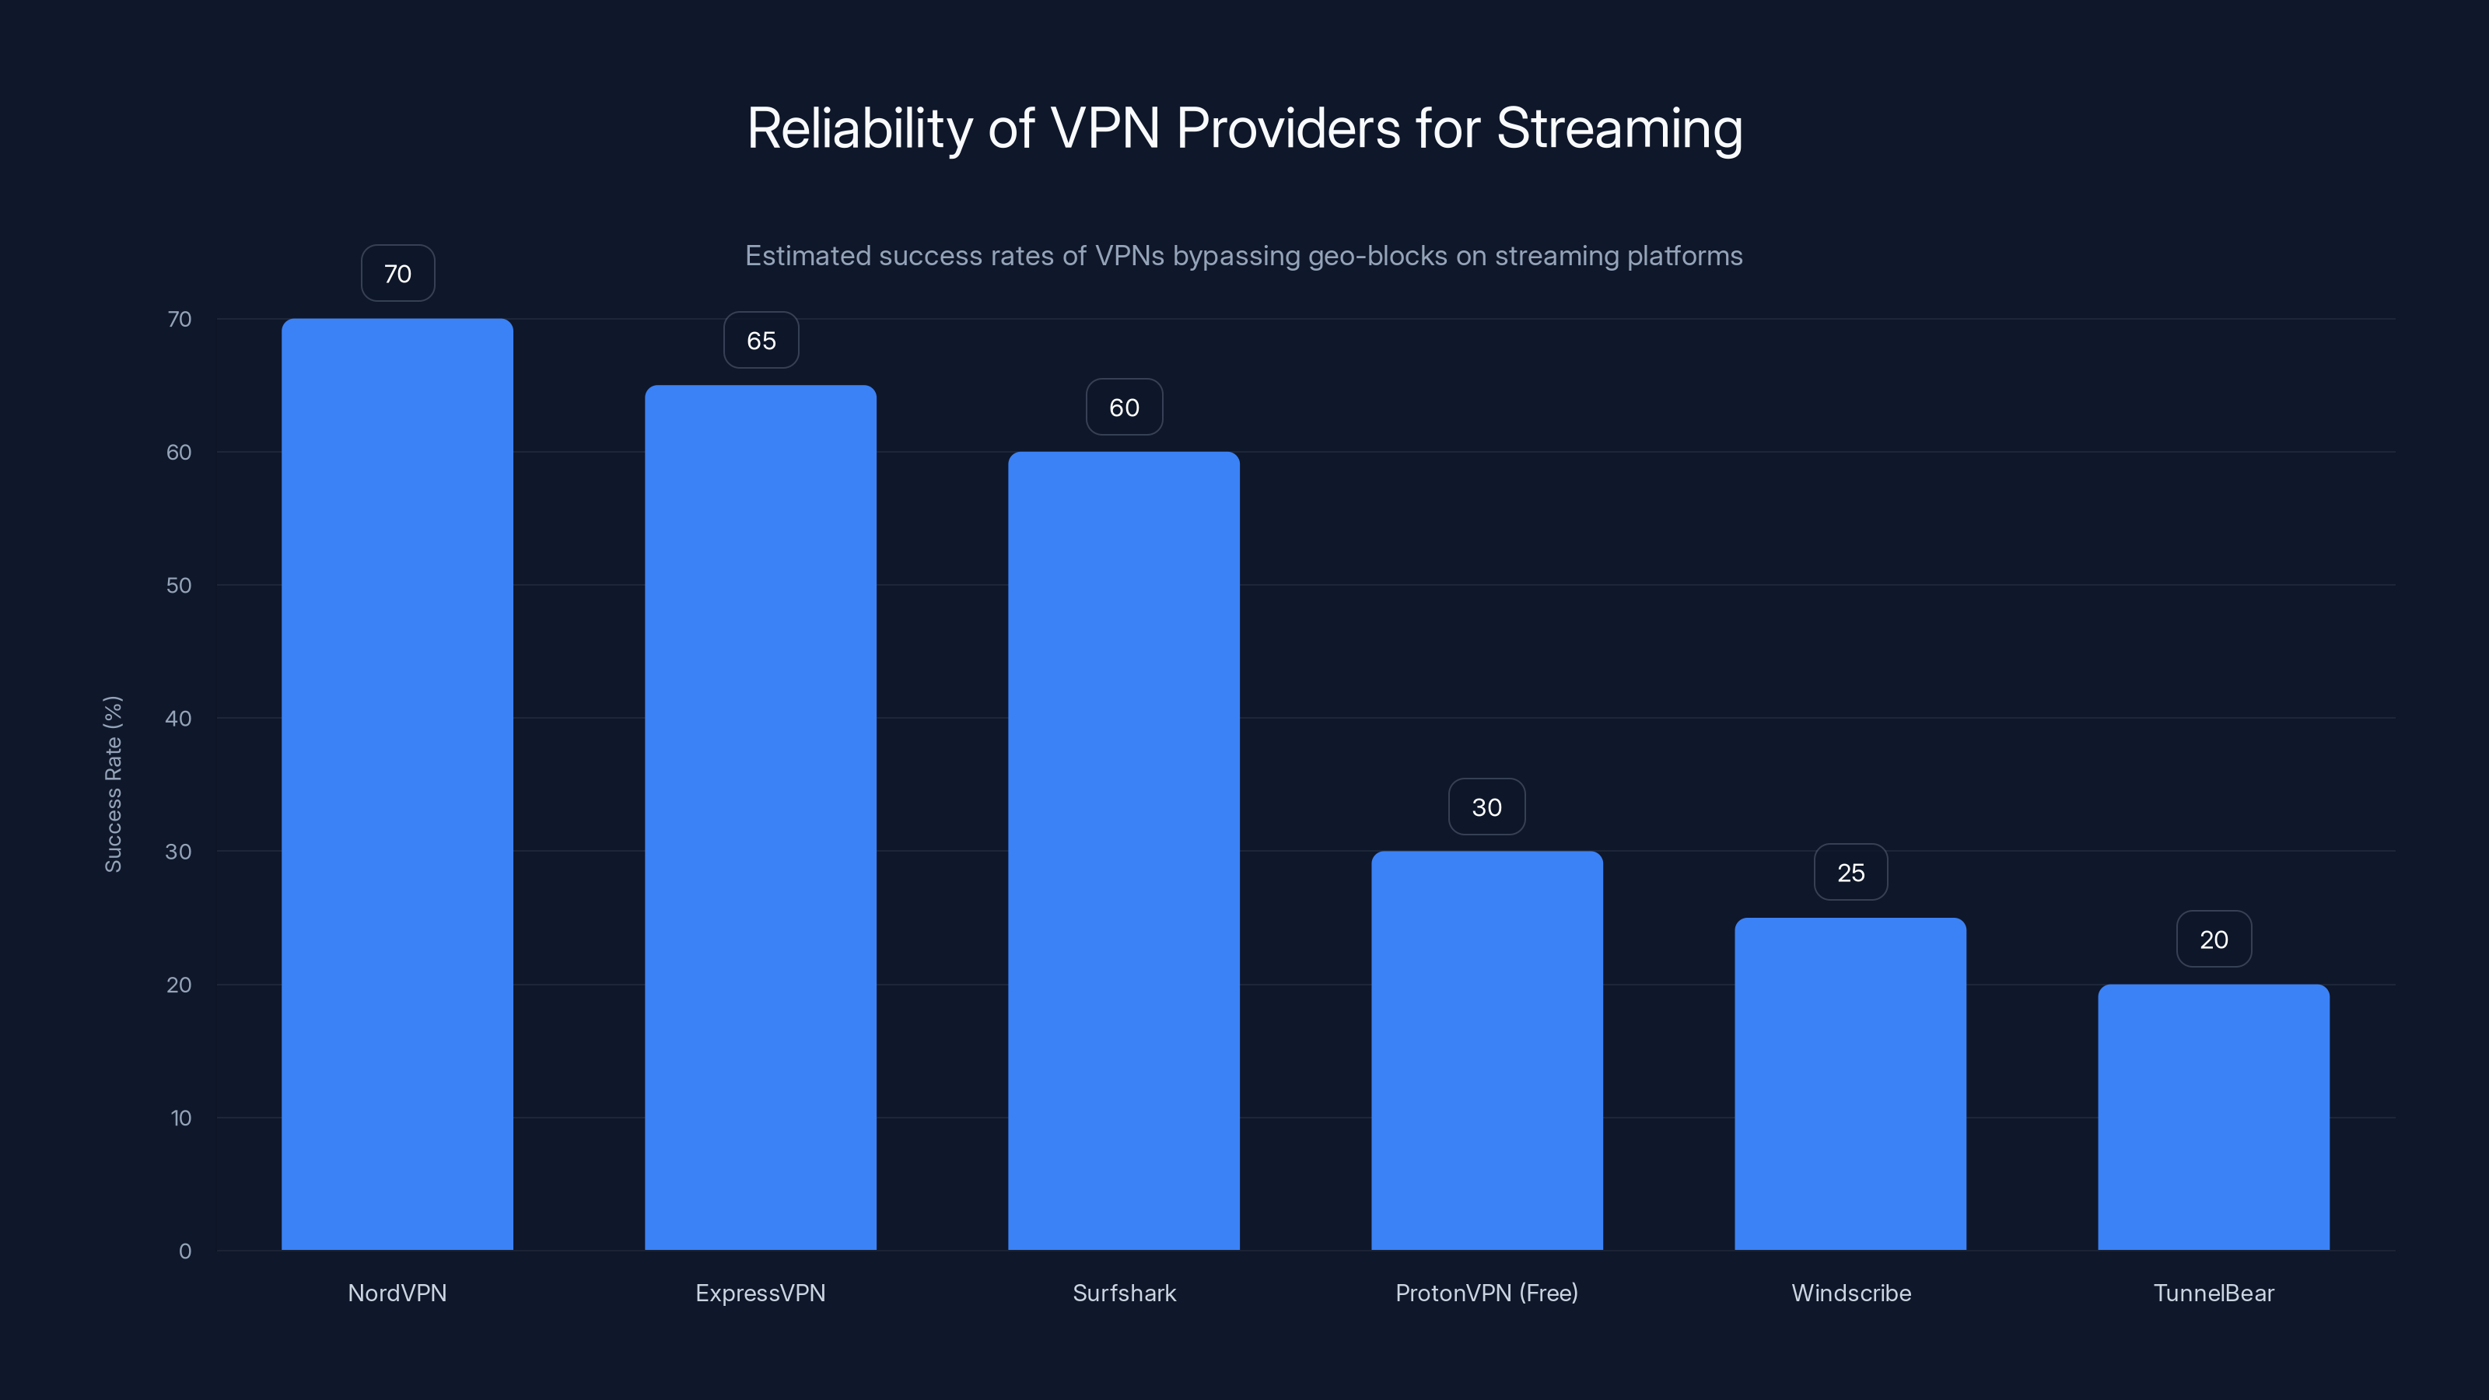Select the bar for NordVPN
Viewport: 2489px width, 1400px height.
pos(397,783)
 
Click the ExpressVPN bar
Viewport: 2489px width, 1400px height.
pos(761,817)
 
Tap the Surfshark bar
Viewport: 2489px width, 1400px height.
pos(1124,850)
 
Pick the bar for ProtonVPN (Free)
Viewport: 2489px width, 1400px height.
pos(1487,1050)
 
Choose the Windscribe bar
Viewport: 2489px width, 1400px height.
pos(1850,1083)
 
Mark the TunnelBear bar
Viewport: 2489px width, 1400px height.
pos(2214,1117)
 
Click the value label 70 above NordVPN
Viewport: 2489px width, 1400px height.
pos(397,275)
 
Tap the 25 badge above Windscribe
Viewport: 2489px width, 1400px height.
pos(1850,873)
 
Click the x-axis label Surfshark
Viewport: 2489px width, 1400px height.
pos(1124,1293)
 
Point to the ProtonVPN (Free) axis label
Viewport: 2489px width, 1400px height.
pos(1486,1293)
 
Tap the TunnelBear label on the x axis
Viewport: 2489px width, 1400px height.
pos(2214,1293)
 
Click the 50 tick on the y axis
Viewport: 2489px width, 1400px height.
pos(179,586)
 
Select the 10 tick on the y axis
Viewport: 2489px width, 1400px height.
pos(180,1118)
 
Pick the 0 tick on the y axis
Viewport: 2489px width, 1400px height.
pos(184,1251)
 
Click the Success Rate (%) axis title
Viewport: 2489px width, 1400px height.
pos(113,783)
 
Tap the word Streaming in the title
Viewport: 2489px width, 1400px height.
pos(1619,128)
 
